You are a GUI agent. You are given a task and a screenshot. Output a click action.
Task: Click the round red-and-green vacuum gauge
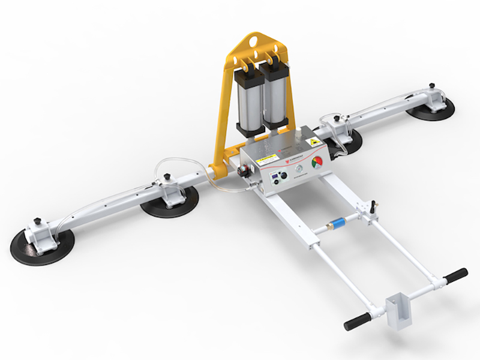(317, 164)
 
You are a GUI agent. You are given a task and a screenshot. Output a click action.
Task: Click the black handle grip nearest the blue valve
(455, 275)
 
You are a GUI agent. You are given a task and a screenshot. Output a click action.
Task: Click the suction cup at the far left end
(41, 243)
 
